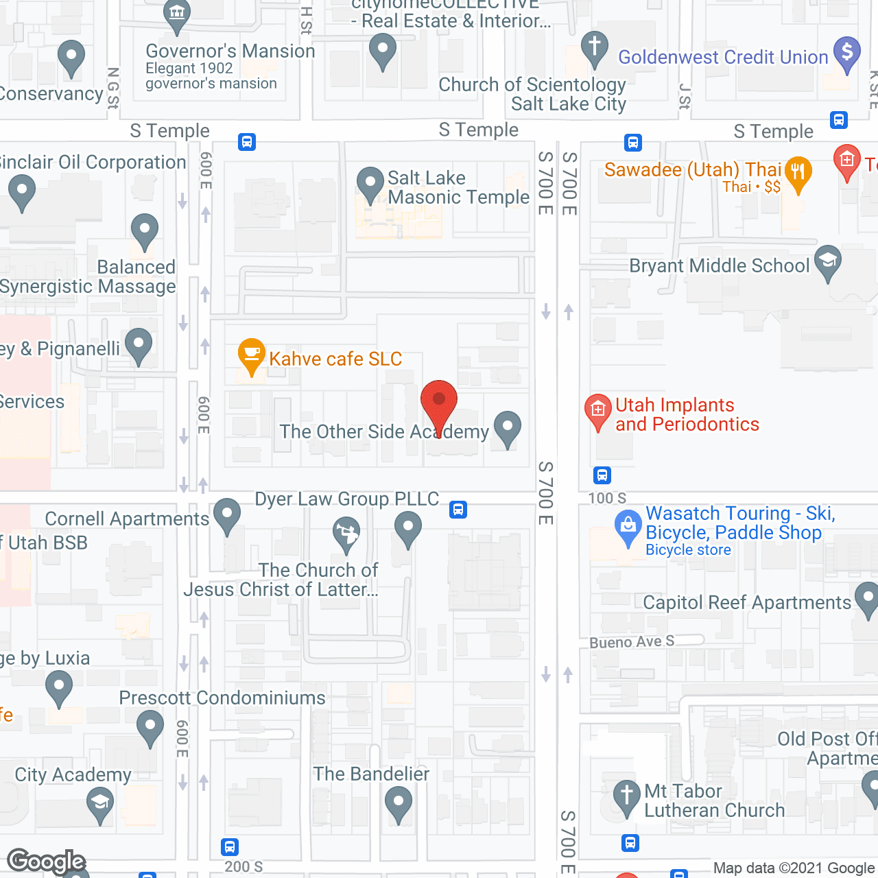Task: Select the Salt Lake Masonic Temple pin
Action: click(x=370, y=185)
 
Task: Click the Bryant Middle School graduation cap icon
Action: click(x=828, y=262)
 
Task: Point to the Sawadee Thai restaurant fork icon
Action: click(x=798, y=172)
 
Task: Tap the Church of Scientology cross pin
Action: click(x=595, y=49)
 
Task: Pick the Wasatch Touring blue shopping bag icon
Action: click(x=628, y=527)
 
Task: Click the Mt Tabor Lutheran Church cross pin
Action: click(x=626, y=797)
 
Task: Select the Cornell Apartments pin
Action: click(x=227, y=515)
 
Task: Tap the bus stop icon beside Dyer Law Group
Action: click(x=458, y=510)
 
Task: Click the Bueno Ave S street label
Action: click(x=632, y=642)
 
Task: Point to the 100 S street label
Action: click(x=607, y=498)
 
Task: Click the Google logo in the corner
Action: click(x=47, y=861)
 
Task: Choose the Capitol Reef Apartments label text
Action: click(x=746, y=602)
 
